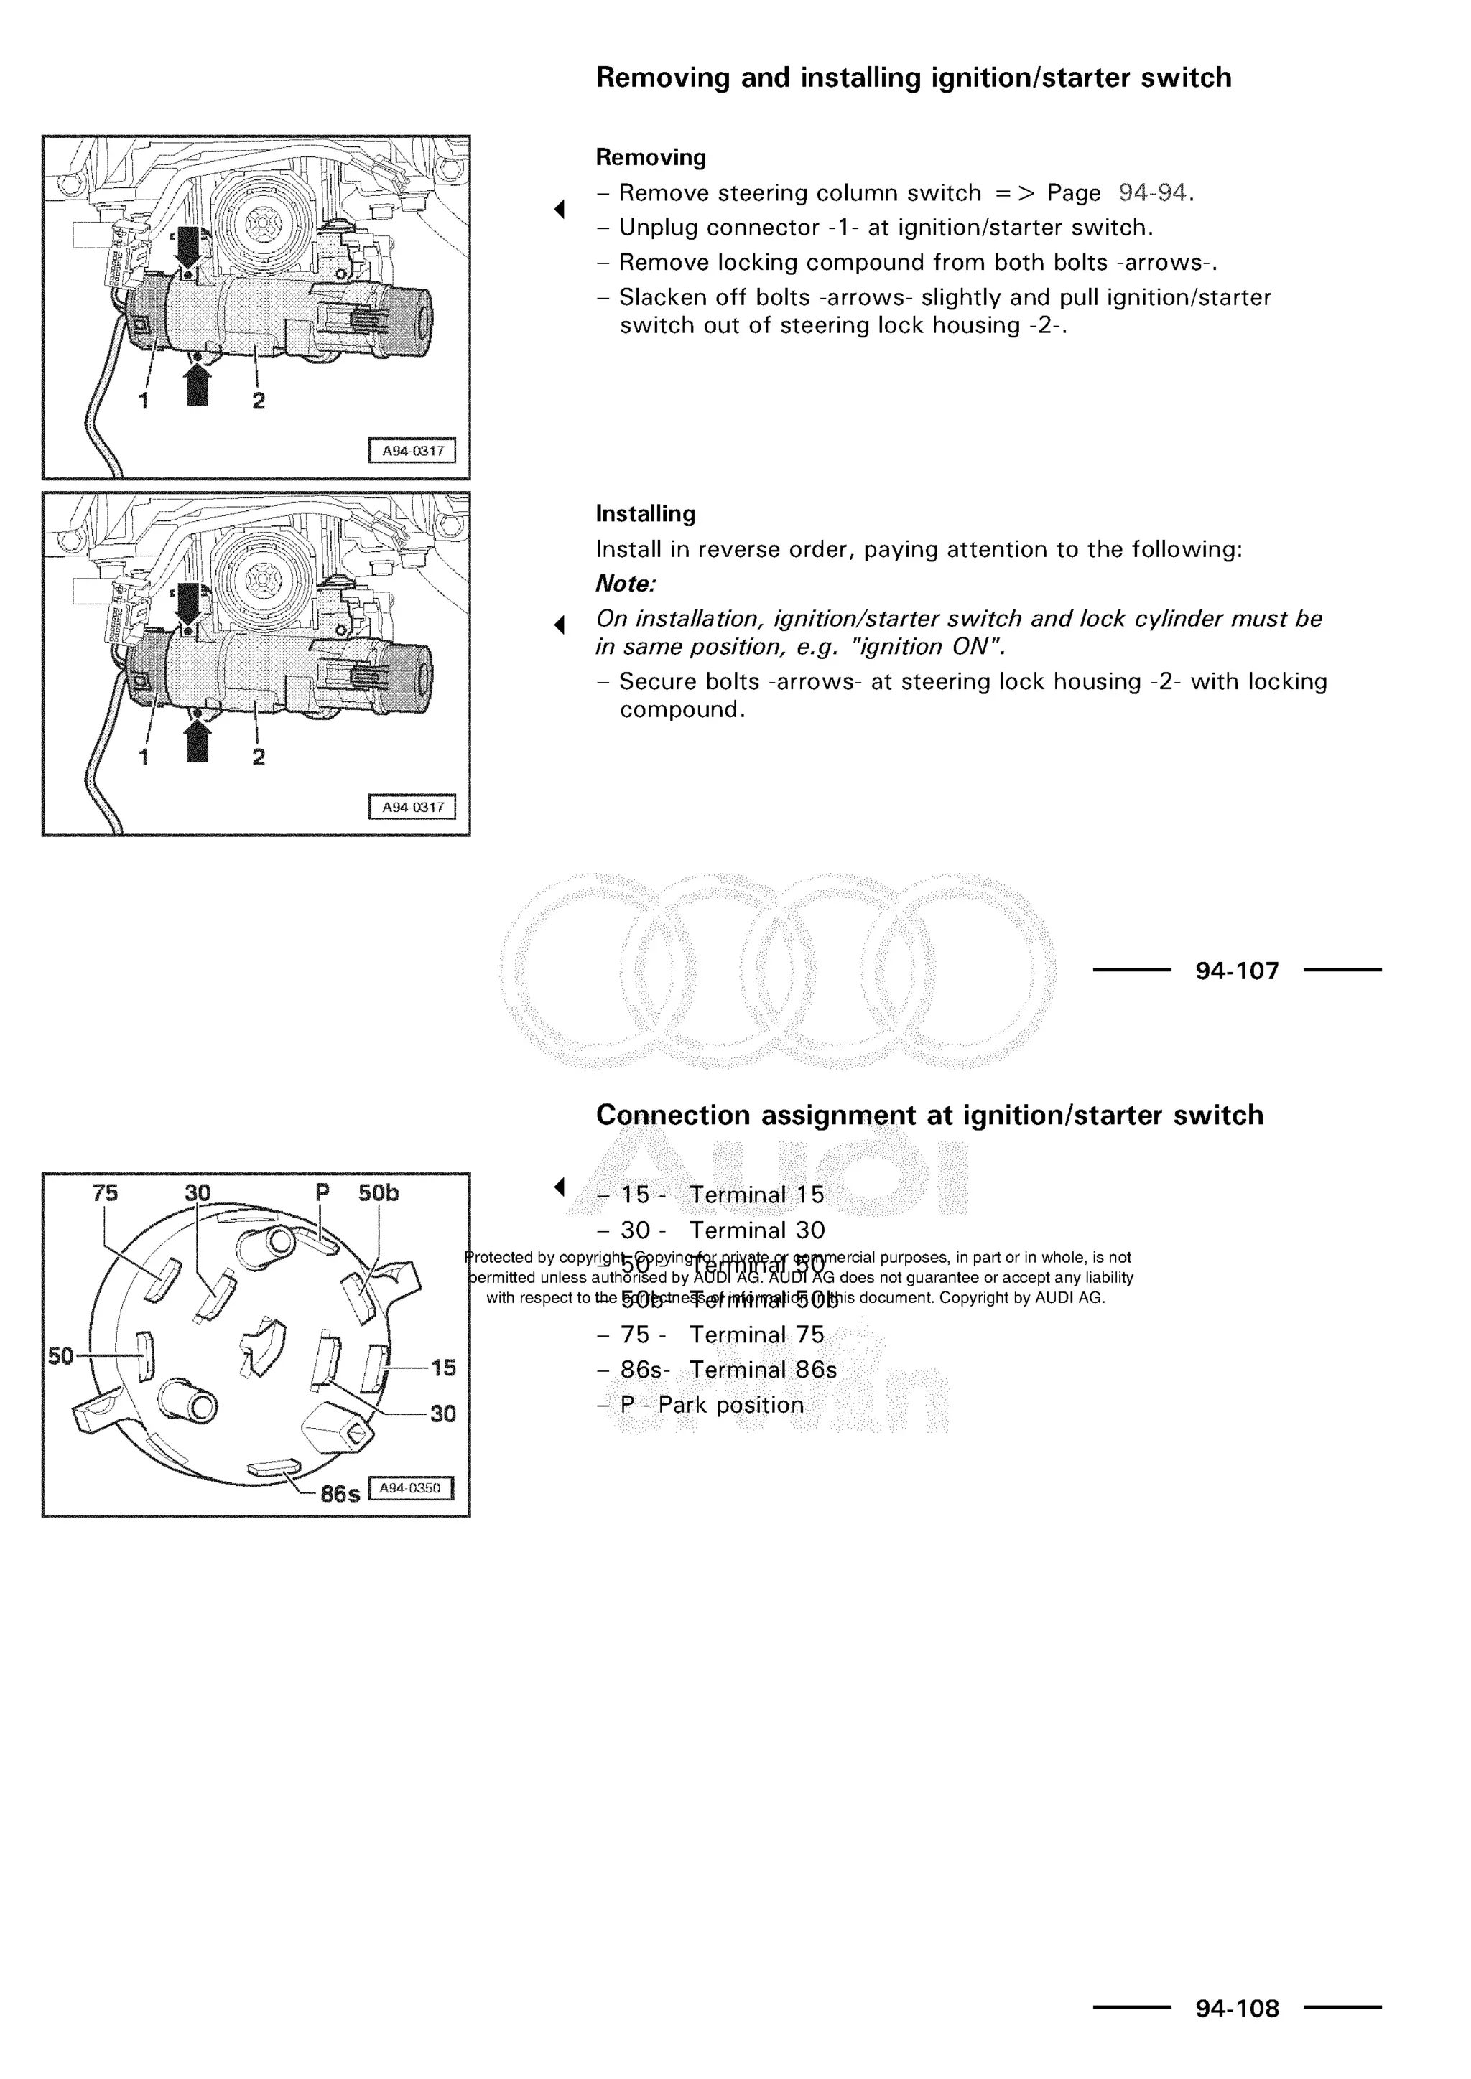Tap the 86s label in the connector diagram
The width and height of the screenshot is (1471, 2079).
(340, 1493)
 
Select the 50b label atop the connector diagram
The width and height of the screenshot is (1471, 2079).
(378, 1193)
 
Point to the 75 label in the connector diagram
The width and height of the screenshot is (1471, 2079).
(105, 1193)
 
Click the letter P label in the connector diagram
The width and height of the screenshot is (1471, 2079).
(322, 1193)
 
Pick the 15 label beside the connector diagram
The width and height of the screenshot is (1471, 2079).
(443, 1368)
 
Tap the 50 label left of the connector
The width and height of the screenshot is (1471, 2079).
(60, 1355)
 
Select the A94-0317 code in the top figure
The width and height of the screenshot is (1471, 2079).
(412, 450)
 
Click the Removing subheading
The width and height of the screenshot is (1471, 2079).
(650, 157)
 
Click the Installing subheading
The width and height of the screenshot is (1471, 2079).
(645, 513)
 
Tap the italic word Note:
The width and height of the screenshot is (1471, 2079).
(625, 584)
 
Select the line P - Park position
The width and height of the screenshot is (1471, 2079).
(711, 1406)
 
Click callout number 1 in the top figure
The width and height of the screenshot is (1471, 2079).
(143, 401)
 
